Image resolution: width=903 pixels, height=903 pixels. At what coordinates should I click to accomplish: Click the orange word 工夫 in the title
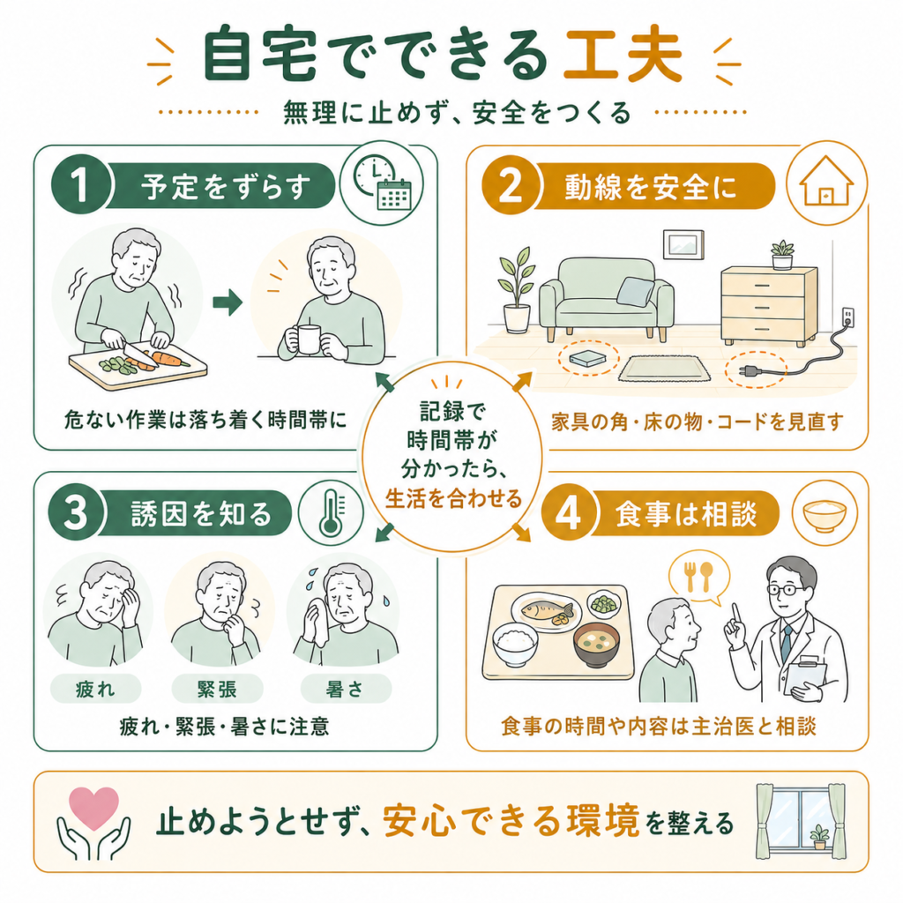pos(623,56)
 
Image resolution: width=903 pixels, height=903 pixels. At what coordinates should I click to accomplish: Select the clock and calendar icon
pos(382,183)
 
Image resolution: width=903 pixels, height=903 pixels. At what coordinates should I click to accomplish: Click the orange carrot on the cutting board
pos(166,358)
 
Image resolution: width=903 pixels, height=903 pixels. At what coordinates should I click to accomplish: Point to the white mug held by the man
pos(308,340)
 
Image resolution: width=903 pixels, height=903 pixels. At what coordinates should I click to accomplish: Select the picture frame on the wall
pos(683,244)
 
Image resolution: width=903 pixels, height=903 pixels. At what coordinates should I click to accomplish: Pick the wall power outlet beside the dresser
pos(847,316)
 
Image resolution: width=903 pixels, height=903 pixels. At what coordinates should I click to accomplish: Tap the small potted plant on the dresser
pos(781,255)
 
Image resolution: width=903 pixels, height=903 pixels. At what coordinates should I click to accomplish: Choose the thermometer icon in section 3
pos(331,512)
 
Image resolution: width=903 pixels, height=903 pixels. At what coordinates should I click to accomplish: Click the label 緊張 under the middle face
pos(217,689)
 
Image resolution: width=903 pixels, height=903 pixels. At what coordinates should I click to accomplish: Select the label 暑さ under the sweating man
pos(346,689)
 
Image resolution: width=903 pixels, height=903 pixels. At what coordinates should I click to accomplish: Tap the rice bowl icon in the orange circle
pos(825,514)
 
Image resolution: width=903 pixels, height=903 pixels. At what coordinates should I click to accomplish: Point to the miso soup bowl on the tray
pos(596,645)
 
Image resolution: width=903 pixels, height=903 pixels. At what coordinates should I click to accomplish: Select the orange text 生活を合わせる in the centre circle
pos(453,499)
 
